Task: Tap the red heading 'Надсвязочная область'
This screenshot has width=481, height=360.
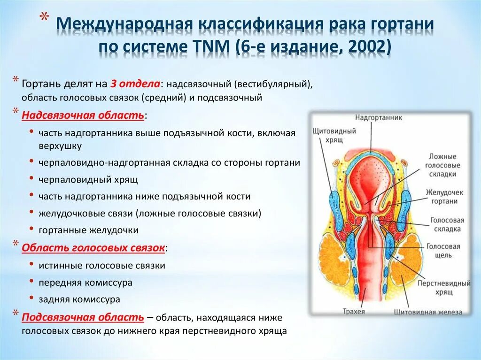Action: tap(83, 115)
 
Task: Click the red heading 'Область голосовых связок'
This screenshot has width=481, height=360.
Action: tap(93, 247)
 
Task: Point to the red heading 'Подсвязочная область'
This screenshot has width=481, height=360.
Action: tap(83, 317)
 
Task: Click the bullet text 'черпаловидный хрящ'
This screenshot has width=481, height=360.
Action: tap(88, 179)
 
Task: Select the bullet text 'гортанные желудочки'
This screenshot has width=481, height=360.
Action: tap(89, 230)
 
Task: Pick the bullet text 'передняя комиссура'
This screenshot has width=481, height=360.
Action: tap(85, 283)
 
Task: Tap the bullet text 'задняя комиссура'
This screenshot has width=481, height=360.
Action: tap(79, 299)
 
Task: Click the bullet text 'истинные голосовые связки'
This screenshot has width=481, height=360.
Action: tap(102, 266)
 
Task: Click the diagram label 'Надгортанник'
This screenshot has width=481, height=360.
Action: tap(378, 117)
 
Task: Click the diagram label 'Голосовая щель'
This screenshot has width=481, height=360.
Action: tap(443, 251)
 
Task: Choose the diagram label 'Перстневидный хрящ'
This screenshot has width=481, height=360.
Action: tap(444, 288)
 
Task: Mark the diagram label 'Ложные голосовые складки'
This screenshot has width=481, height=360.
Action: tap(442, 165)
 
